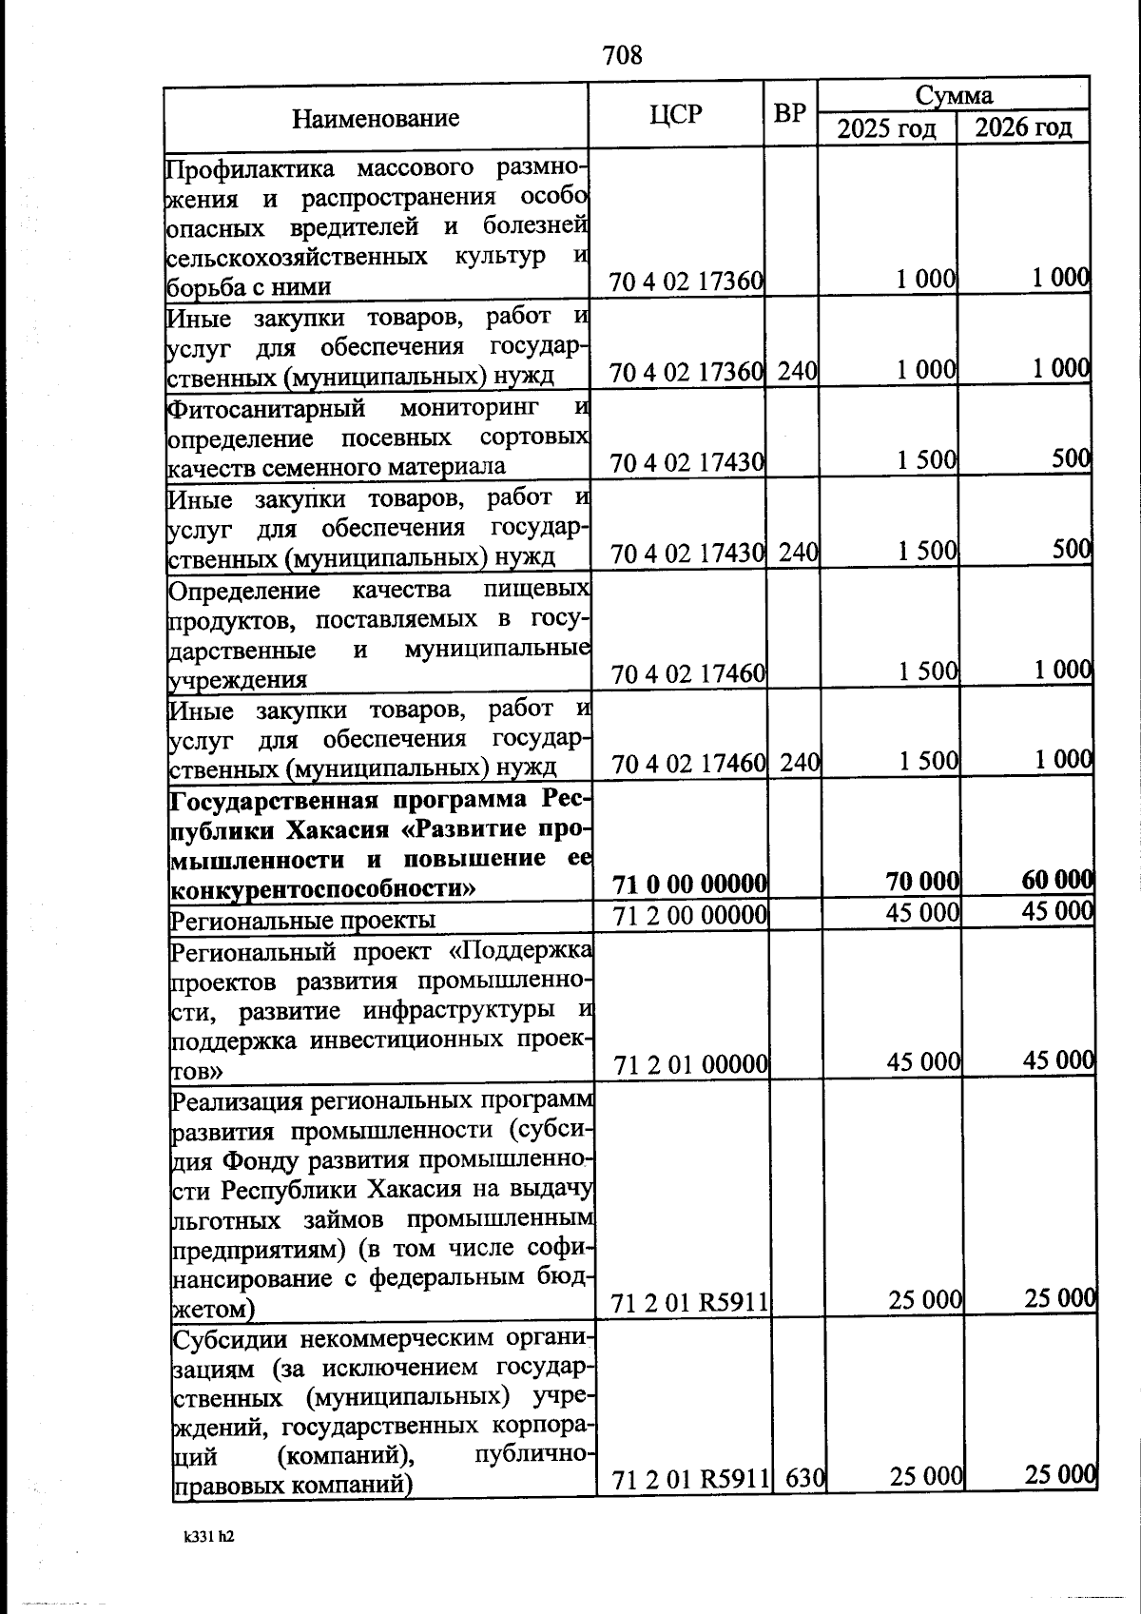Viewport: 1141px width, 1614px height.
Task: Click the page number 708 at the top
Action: tap(623, 55)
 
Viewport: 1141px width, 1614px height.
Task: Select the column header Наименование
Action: tap(375, 118)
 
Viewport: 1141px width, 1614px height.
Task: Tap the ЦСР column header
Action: tap(676, 115)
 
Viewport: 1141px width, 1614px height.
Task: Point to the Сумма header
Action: tap(953, 94)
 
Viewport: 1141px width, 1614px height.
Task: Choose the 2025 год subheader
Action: tap(886, 128)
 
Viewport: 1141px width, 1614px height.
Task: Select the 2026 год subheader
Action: tap(1023, 127)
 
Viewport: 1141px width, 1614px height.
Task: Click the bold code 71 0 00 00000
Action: tap(689, 885)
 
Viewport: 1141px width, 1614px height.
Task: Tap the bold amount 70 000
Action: tap(921, 883)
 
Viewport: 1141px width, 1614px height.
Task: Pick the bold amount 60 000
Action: tap(1056, 880)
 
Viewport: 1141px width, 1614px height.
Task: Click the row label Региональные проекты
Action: tap(302, 920)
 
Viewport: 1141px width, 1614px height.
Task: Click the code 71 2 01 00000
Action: tap(691, 1065)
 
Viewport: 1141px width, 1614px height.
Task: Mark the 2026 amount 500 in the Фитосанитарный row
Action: tap(1070, 459)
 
